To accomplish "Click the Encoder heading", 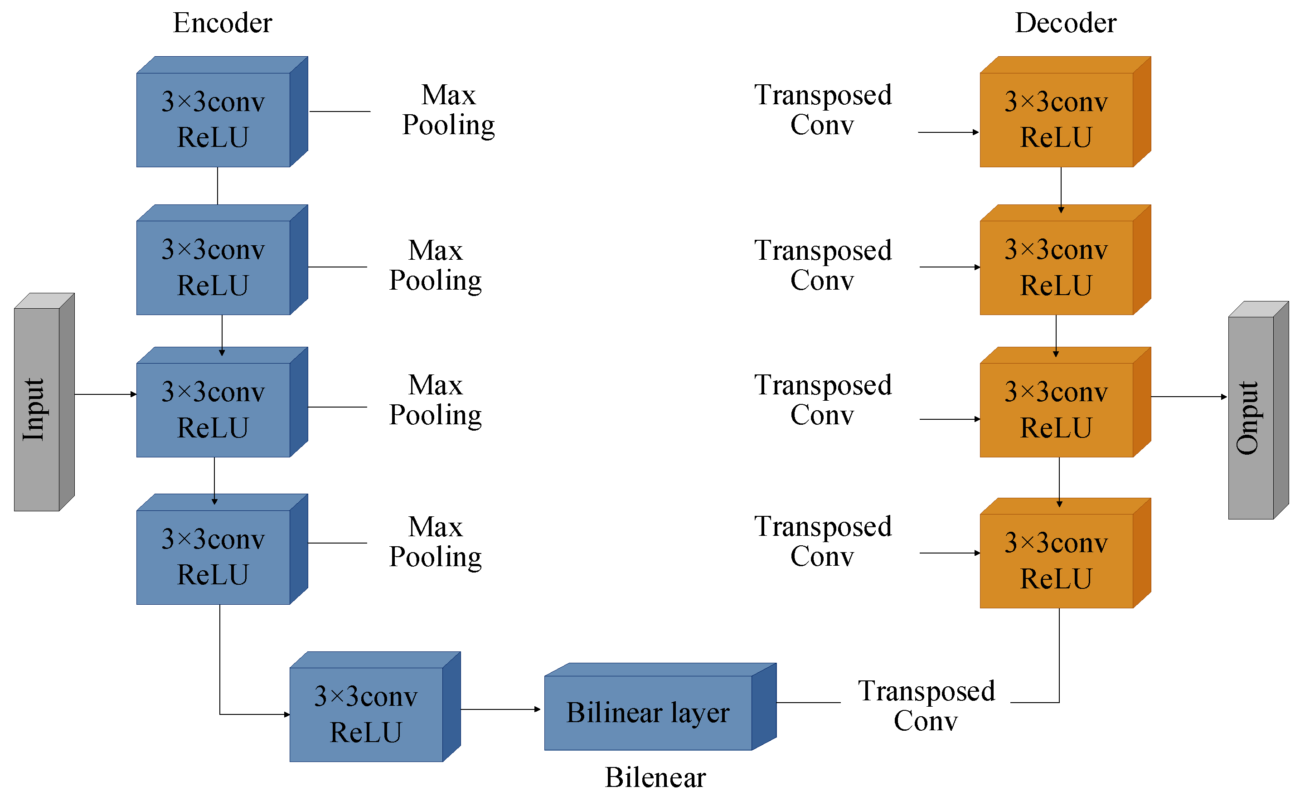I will (x=223, y=23).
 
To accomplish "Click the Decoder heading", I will (x=1065, y=23).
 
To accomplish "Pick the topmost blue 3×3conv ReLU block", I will (x=213, y=120).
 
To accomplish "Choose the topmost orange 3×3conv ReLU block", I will (x=1056, y=120).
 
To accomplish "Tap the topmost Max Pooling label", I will (x=448, y=110).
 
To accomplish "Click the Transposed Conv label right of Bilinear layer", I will (x=926, y=706).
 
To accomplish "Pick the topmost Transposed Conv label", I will (x=823, y=110).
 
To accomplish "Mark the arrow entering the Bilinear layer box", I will (x=500, y=709).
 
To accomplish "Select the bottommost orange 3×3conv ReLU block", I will (x=1056, y=560).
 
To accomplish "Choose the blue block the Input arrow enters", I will (x=213, y=409).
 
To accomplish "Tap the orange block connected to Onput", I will (x=1056, y=409).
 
